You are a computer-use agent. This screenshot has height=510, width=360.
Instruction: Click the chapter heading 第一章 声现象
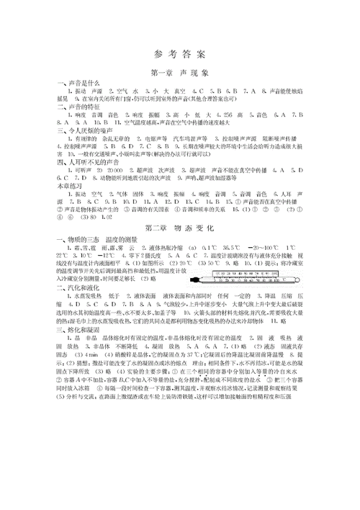click(179, 73)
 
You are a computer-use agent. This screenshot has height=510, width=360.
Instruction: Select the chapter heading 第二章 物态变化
click(179, 228)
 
